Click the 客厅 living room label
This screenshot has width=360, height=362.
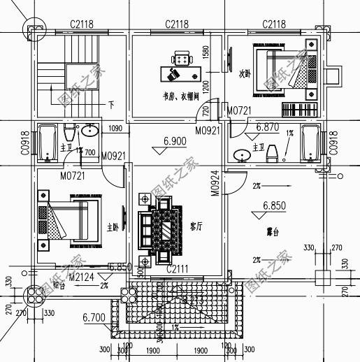(x=196, y=226)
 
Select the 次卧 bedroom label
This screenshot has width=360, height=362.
(x=245, y=72)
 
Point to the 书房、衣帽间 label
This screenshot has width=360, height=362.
(x=177, y=96)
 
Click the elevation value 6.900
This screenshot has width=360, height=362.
(x=175, y=141)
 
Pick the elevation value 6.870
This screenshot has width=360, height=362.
(x=267, y=127)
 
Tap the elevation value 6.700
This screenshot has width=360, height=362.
(x=93, y=318)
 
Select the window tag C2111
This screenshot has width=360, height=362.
(x=178, y=269)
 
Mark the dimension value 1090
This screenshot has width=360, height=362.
(x=115, y=129)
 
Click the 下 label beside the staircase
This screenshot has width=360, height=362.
(x=111, y=105)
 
